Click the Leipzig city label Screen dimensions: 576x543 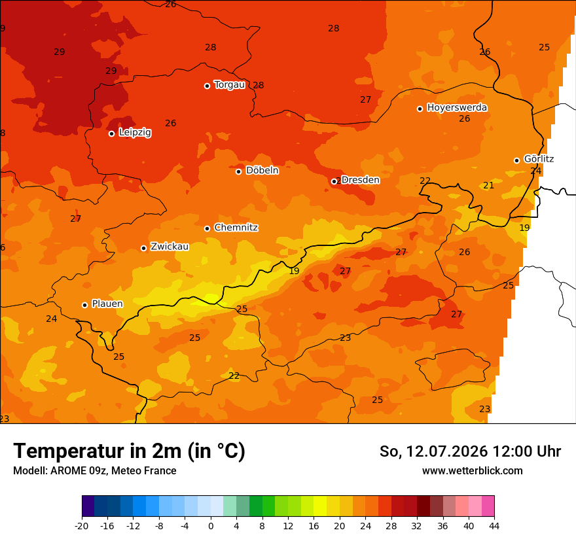[135, 133]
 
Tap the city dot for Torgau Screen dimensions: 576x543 [207, 86]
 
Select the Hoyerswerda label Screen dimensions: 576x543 [457, 107]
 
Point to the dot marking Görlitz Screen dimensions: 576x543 [516, 160]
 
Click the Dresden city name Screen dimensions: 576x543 [361, 180]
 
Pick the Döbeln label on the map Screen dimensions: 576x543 [262, 170]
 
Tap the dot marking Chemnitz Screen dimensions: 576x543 [207, 228]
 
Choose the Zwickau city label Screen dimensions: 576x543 [170, 247]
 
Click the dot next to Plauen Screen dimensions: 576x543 [85, 305]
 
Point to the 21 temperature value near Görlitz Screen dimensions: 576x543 [488, 185]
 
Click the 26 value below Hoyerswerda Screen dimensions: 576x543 [465, 118]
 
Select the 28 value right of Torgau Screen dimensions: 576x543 [259, 85]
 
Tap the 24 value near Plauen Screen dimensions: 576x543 [52, 319]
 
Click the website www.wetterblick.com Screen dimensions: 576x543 [473, 470]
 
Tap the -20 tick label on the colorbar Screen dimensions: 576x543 [82, 526]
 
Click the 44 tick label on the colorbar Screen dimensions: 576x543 [494, 526]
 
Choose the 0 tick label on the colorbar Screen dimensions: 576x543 [211, 526]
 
